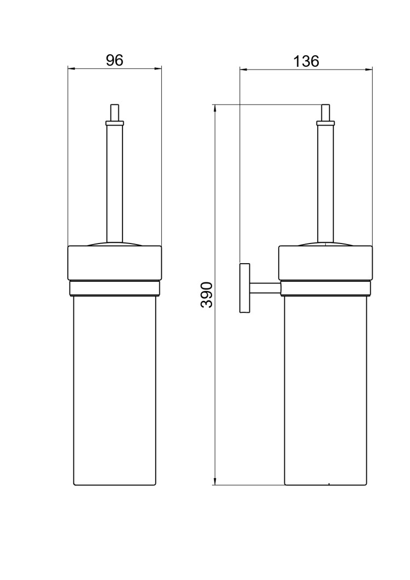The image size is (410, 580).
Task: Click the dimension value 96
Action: coord(114,60)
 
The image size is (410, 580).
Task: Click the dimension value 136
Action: coord(306,61)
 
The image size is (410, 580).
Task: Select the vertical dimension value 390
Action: coord(207,295)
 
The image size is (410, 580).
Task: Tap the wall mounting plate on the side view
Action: coord(244,288)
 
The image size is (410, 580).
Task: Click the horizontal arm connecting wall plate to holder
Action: coord(265,288)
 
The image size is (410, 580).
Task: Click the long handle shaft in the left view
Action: coord(114,181)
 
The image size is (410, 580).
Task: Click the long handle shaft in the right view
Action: coord(326,181)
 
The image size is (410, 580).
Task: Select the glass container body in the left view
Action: coord(114,388)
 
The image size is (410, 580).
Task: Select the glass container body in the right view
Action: coord(326,388)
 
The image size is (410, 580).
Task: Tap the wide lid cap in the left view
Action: coord(114,263)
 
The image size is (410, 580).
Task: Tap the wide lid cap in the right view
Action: coord(326,263)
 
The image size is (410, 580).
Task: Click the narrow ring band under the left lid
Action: coord(114,288)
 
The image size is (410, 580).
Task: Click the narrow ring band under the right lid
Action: coord(326,288)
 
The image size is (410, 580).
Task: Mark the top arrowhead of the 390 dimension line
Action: coord(215,108)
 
